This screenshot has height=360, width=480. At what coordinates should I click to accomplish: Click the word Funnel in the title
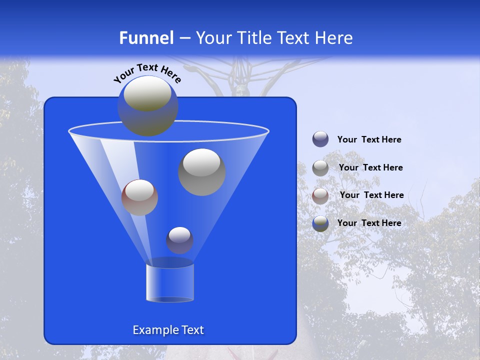[x=146, y=38]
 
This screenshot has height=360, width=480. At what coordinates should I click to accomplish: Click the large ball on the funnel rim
[x=148, y=105]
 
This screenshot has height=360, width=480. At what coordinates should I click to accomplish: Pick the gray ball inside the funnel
[x=202, y=172]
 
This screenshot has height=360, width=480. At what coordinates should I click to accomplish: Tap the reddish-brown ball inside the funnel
[x=139, y=197]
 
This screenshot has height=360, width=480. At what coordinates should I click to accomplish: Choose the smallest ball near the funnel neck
[x=179, y=240]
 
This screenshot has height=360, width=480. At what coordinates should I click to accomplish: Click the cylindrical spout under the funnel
[x=170, y=282]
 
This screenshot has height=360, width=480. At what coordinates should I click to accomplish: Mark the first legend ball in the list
[x=320, y=139]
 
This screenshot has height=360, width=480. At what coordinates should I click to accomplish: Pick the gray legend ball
[x=320, y=167]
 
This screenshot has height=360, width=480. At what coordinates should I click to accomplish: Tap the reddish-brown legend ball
[x=320, y=195]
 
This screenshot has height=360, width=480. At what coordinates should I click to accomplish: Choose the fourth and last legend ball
[x=320, y=223]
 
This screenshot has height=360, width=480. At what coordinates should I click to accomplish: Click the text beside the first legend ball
[x=369, y=139]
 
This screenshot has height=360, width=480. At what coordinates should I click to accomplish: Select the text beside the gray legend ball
[x=370, y=167]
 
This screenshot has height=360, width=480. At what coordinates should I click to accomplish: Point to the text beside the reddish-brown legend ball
[x=371, y=195]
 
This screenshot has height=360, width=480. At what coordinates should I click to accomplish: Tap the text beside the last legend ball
[x=369, y=223]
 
